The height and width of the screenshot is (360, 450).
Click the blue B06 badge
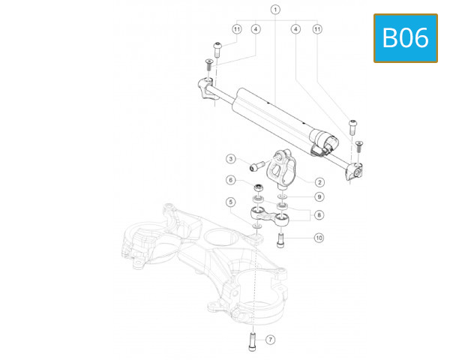(x=406, y=37)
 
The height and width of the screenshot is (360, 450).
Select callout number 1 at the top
(x=275, y=10)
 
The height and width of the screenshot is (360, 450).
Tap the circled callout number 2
(x=319, y=181)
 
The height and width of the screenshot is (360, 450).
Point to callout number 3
(x=232, y=158)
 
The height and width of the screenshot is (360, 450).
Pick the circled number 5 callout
(x=231, y=202)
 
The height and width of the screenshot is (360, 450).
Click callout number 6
(x=231, y=180)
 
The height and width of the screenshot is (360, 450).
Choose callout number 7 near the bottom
(x=271, y=340)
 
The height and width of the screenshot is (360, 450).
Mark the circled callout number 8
(x=319, y=215)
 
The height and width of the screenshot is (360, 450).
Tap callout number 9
(x=319, y=196)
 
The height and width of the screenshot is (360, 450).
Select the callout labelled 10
(x=319, y=238)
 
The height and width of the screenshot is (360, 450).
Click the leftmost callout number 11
(x=236, y=29)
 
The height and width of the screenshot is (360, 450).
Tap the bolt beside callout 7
(x=251, y=343)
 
